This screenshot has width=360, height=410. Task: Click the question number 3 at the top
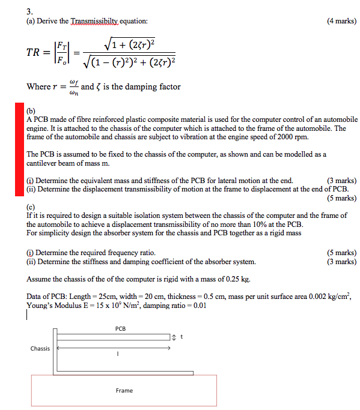(29, 10)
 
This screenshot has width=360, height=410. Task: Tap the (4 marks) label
(341, 22)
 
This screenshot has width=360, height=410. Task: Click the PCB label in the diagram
(120, 328)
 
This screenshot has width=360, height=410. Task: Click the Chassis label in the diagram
(40, 348)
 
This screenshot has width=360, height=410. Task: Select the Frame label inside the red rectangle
(124, 391)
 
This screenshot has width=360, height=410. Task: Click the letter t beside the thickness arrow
(181, 337)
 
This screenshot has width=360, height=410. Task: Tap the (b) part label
(31, 111)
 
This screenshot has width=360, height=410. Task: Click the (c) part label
(31, 207)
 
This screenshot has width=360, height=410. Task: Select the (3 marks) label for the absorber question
(341, 262)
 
